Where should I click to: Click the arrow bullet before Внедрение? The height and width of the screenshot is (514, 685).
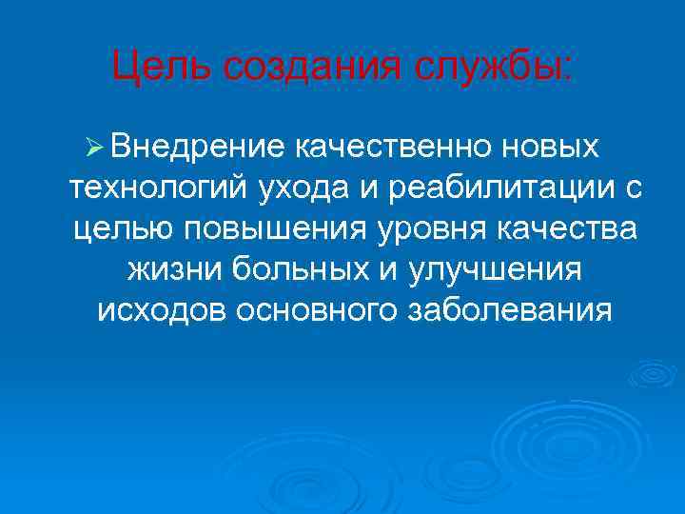click(93, 148)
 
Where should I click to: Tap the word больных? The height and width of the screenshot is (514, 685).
click(302, 270)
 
